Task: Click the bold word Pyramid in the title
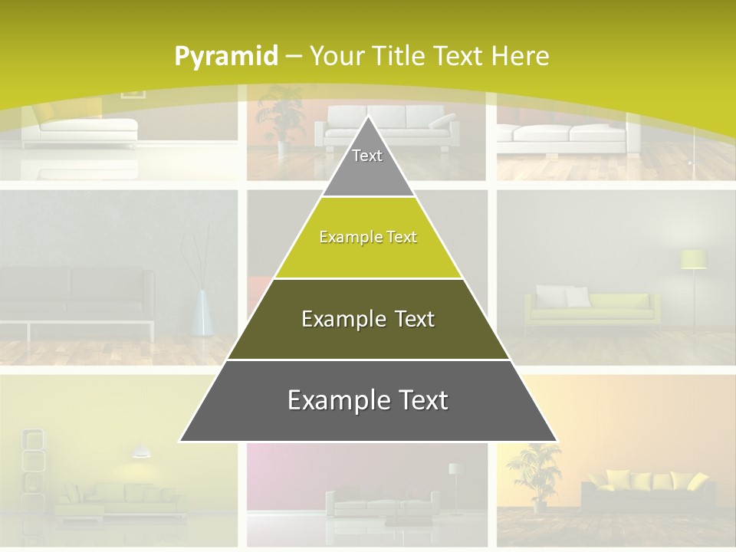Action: click(225, 56)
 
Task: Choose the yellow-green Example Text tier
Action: click(368, 238)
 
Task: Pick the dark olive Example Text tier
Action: click(368, 319)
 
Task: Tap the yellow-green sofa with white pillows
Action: click(590, 307)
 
